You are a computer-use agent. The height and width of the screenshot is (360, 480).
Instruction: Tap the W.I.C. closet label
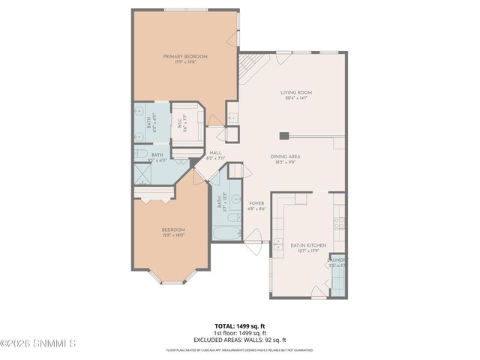click(181, 122)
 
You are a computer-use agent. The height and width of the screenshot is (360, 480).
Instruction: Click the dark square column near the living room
click(284, 136)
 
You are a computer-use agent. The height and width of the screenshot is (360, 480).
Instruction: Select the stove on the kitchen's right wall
click(338, 222)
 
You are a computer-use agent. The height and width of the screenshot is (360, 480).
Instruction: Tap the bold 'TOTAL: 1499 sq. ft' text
click(240, 325)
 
